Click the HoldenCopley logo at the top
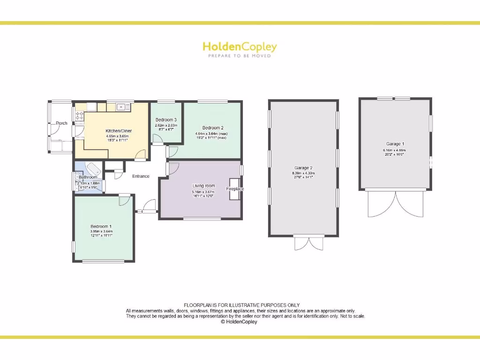tap(240, 47)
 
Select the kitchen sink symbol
tap(123, 107)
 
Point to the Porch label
tap(61, 123)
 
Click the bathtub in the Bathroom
tap(93, 169)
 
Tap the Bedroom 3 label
tap(166, 120)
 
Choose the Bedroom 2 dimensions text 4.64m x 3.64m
tap(211, 133)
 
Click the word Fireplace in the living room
tap(235, 189)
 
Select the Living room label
tap(203, 186)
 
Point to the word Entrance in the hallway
tap(141, 176)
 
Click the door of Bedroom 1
tap(125, 200)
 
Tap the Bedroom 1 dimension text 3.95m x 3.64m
tap(101, 231)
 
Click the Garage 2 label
tap(303, 168)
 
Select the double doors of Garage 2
tap(303, 243)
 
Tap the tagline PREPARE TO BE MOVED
tap(240, 56)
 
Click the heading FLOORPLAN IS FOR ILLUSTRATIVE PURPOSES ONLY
tap(241, 305)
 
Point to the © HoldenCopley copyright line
tap(239, 322)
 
